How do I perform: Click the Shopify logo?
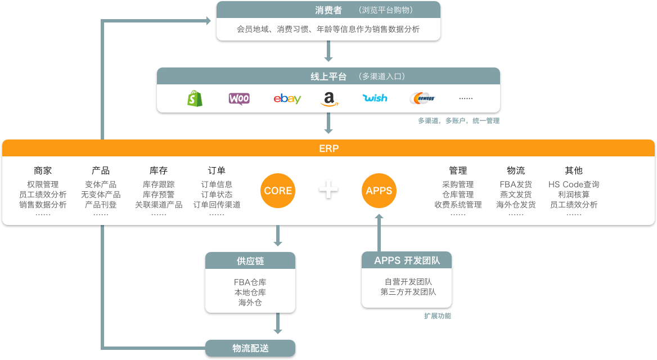tap(195, 98)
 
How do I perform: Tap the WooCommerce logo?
tap(239, 98)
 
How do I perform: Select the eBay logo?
tap(287, 99)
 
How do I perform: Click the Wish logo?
tap(375, 98)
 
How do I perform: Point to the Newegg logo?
tap(422, 98)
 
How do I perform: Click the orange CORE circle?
tap(278, 191)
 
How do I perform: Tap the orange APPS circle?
tap(379, 191)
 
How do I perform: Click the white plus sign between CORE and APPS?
tap(328, 190)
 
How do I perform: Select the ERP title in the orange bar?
tap(328, 148)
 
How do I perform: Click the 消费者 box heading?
tap(328, 10)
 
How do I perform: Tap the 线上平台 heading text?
tap(328, 76)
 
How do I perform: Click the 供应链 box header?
tap(250, 261)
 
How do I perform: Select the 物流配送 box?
tap(250, 348)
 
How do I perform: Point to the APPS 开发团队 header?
tap(407, 260)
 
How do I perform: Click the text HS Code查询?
tap(574, 184)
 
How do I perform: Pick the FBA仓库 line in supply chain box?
tap(250, 282)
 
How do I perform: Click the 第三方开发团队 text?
tap(408, 292)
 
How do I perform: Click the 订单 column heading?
tap(217, 170)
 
